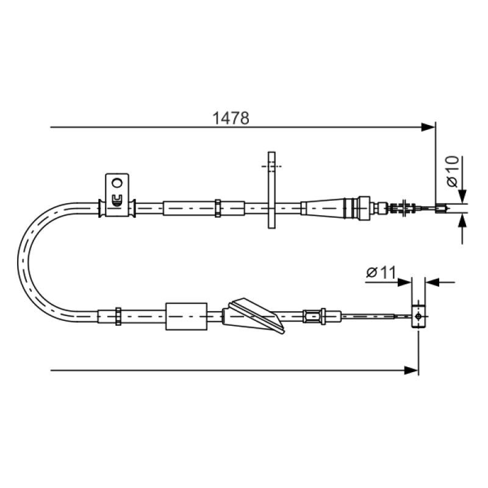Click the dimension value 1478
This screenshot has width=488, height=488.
click(x=231, y=118)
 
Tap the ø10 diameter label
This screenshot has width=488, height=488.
click(x=453, y=171)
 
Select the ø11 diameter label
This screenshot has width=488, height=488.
click(x=381, y=272)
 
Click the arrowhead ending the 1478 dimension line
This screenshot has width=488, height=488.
click(x=428, y=127)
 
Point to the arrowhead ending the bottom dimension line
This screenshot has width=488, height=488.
click(x=411, y=370)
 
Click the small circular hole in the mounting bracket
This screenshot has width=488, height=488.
click(x=117, y=182)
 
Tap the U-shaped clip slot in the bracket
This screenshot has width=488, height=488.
click(x=117, y=200)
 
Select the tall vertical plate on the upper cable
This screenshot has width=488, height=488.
click(x=271, y=190)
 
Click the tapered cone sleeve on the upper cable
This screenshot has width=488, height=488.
click(x=323, y=207)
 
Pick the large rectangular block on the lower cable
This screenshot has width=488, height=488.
click(x=187, y=316)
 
